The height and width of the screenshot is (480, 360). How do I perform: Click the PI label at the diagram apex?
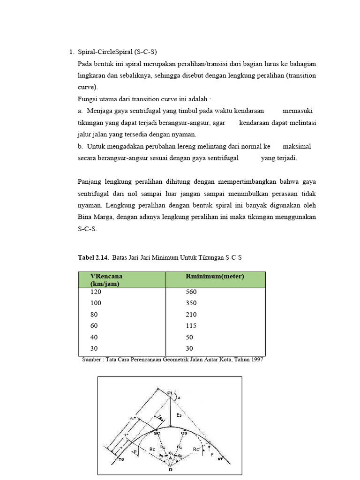click(169, 392)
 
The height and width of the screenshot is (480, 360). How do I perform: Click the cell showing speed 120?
click(95, 292)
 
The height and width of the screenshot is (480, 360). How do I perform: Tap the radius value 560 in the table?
click(191, 292)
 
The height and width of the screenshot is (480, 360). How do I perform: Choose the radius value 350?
click(191, 303)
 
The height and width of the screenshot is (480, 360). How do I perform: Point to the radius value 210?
click(191, 315)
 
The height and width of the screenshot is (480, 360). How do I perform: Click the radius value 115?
click(191, 326)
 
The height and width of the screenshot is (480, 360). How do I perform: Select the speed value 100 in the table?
click(95, 303)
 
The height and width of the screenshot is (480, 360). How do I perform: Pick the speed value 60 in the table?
click(94, 326)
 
